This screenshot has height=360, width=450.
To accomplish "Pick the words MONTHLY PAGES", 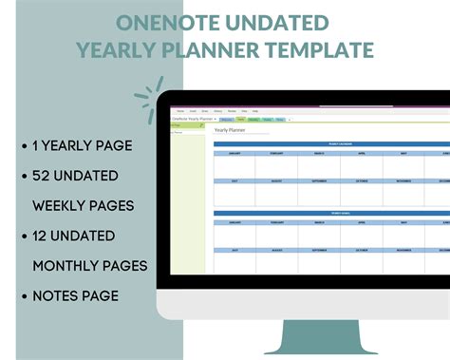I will (x=90, y=265).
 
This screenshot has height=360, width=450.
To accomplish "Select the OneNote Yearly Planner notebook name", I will (x=193, y=119).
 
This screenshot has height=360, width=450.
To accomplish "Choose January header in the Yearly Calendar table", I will (x=234, y=153).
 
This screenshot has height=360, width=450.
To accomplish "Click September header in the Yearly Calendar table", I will (x=319, y=180).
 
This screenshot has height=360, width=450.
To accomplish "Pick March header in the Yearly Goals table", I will (x=319, y=222).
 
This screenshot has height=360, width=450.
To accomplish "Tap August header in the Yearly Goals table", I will (x=276, y=250).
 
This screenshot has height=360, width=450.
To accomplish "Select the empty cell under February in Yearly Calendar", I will (x=276, y=165).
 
